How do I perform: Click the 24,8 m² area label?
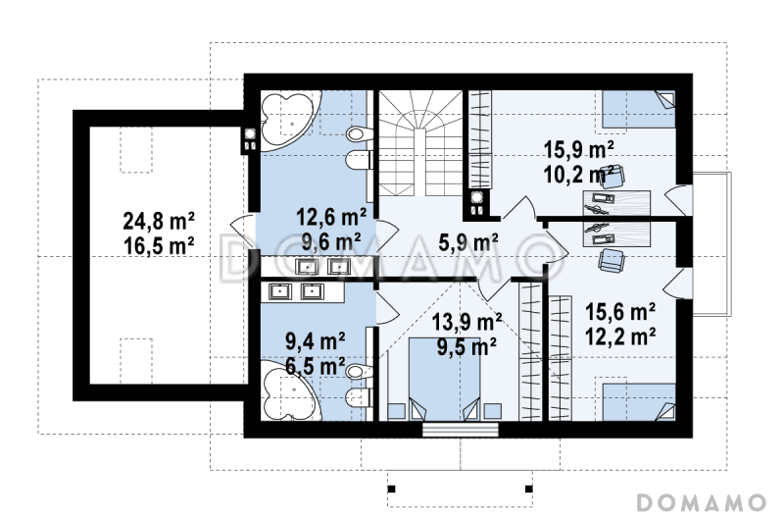[159, 220]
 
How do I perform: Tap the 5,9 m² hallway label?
[468, 242]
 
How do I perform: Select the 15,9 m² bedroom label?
[578, 149]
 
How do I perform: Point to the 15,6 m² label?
[620, 312]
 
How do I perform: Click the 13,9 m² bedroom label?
[466, 323]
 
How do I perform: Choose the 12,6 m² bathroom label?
[331, 217]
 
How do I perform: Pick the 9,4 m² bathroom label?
[315, 341]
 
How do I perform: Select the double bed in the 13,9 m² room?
[445, 379]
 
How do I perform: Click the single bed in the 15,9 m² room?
[639, 109]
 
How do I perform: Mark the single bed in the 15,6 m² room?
[639, 402]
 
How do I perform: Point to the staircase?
[420, 143]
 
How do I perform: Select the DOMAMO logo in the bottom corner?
[702, 502]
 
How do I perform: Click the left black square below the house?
[391, 489]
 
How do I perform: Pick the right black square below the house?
[528, 489]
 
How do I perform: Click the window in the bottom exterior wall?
[461, 430]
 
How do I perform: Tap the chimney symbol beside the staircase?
[477, 204]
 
